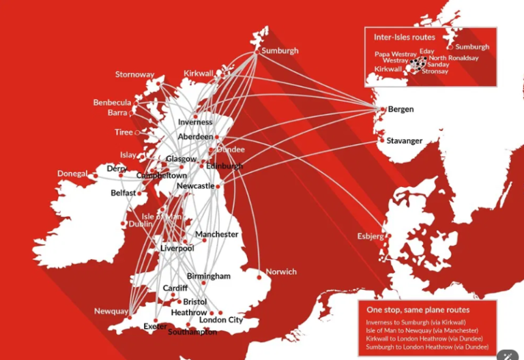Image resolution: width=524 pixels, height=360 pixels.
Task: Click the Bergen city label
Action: [401, 109]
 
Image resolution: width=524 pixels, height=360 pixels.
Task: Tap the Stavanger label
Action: [405, 141]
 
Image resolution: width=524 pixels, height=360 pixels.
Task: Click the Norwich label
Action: [281, 272]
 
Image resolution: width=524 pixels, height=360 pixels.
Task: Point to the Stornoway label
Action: [134, 74]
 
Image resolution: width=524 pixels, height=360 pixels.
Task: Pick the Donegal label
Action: [72, 174]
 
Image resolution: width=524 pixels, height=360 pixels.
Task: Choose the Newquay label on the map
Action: [111, 312]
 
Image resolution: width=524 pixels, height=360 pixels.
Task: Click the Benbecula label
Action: [112, 103]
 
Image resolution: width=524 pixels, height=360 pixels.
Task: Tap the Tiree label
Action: [123, 132]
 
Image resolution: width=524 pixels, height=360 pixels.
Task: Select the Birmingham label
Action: [209, 276]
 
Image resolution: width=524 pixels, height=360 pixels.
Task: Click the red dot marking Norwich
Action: [259, 277]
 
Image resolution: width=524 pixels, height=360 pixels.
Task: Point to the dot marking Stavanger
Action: [381, 142]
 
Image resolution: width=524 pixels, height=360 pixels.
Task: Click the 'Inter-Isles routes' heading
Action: [405, 37]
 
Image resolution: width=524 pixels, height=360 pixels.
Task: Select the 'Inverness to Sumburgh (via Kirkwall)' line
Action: [416, 322]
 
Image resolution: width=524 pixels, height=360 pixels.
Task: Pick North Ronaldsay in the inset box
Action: [454, 59]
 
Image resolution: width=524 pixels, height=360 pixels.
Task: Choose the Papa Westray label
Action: [396, 54]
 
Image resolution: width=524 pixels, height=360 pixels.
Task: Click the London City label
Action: [220, 320]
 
